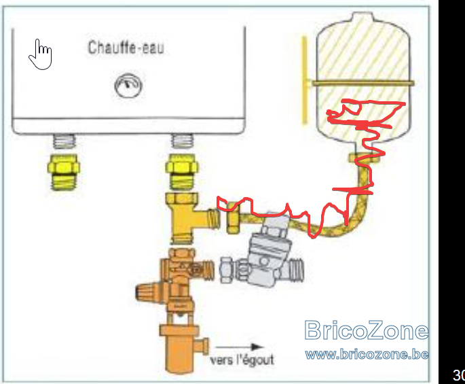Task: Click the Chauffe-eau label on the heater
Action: pyautogui.click(x=126, y=48)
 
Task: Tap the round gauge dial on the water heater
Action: pyautogui.click(x=128, y=86)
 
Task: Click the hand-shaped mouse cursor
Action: pyautogui.click(x=41, y=54)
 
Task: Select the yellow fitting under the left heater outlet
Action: pyautogui.click(x=64, y=172)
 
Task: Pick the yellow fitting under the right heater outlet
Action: pyautogui.click(x=182, y=172)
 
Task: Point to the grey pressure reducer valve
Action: pyautogui.click(x=267, y=256)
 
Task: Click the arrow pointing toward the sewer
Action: pyautogui.click(x=240, y=347)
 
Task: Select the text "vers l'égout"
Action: pyautogui.click(x=242, y=360)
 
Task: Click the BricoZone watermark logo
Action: pyautogui.click(x=367, y=330)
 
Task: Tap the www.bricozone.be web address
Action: pyautogui.click(x=367, y=355)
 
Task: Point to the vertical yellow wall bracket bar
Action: pyautogui.click(x=304, y=80)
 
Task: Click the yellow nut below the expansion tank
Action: pyautogui.click(x=364, y=158)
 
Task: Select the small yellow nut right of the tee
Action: pyautogui.click(x=233, y=217)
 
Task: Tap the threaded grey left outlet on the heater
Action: pyautogui.click(x=64, y=141)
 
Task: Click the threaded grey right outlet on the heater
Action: pyautogui.click(x=182, y=141)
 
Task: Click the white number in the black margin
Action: pyautogui.click(x=459, y=375)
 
